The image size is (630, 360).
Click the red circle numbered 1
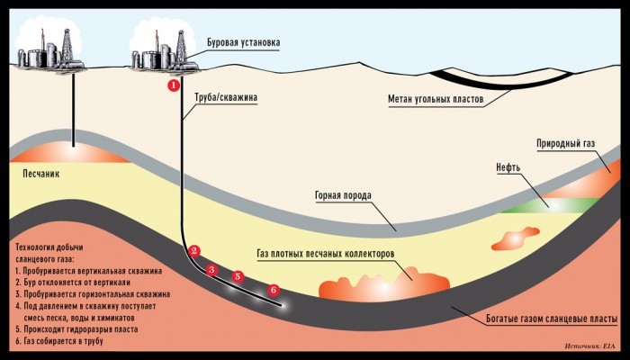point(173,85)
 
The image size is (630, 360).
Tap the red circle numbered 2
point(194,251)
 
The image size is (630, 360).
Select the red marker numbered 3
point(211,270)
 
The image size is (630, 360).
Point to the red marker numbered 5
point(238,276)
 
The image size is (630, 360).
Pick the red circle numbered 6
point(274,290)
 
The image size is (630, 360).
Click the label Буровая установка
point(244,42)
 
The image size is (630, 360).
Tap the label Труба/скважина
point(226,97)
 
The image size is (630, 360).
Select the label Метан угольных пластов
point(436,99)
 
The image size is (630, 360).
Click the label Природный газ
point(566,143)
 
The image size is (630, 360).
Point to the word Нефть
point(508,167)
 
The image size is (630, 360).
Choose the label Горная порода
point(344,195)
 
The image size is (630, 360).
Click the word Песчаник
point(41,174)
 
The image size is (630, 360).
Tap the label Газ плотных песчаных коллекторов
point(326,255)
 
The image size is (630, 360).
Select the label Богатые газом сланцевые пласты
point(552,319)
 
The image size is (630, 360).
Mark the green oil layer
point(551,205)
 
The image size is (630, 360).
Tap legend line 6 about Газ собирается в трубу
point(59,341)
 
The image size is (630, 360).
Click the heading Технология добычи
point(49,247)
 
